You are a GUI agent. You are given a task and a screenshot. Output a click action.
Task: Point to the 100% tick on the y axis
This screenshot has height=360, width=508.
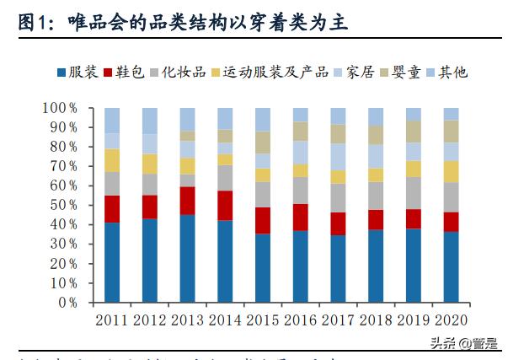coord(60,108)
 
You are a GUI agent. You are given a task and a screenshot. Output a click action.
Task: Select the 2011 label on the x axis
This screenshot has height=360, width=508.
coord(112,320)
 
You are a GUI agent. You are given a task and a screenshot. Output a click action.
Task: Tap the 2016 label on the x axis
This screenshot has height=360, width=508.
coord(300,320)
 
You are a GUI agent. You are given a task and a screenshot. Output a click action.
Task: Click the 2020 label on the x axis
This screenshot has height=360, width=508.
coord(451,320)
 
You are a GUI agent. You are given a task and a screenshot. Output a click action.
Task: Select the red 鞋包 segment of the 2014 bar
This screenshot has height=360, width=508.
coord(225,205)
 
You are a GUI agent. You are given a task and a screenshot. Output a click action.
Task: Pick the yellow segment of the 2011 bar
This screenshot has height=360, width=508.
coord(112,160)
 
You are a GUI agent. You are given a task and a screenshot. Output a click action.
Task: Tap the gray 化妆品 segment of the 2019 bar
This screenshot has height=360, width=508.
coord(413,192)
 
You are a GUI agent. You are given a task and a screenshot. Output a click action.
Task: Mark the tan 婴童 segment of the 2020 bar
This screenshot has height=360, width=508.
coord(451,131)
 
